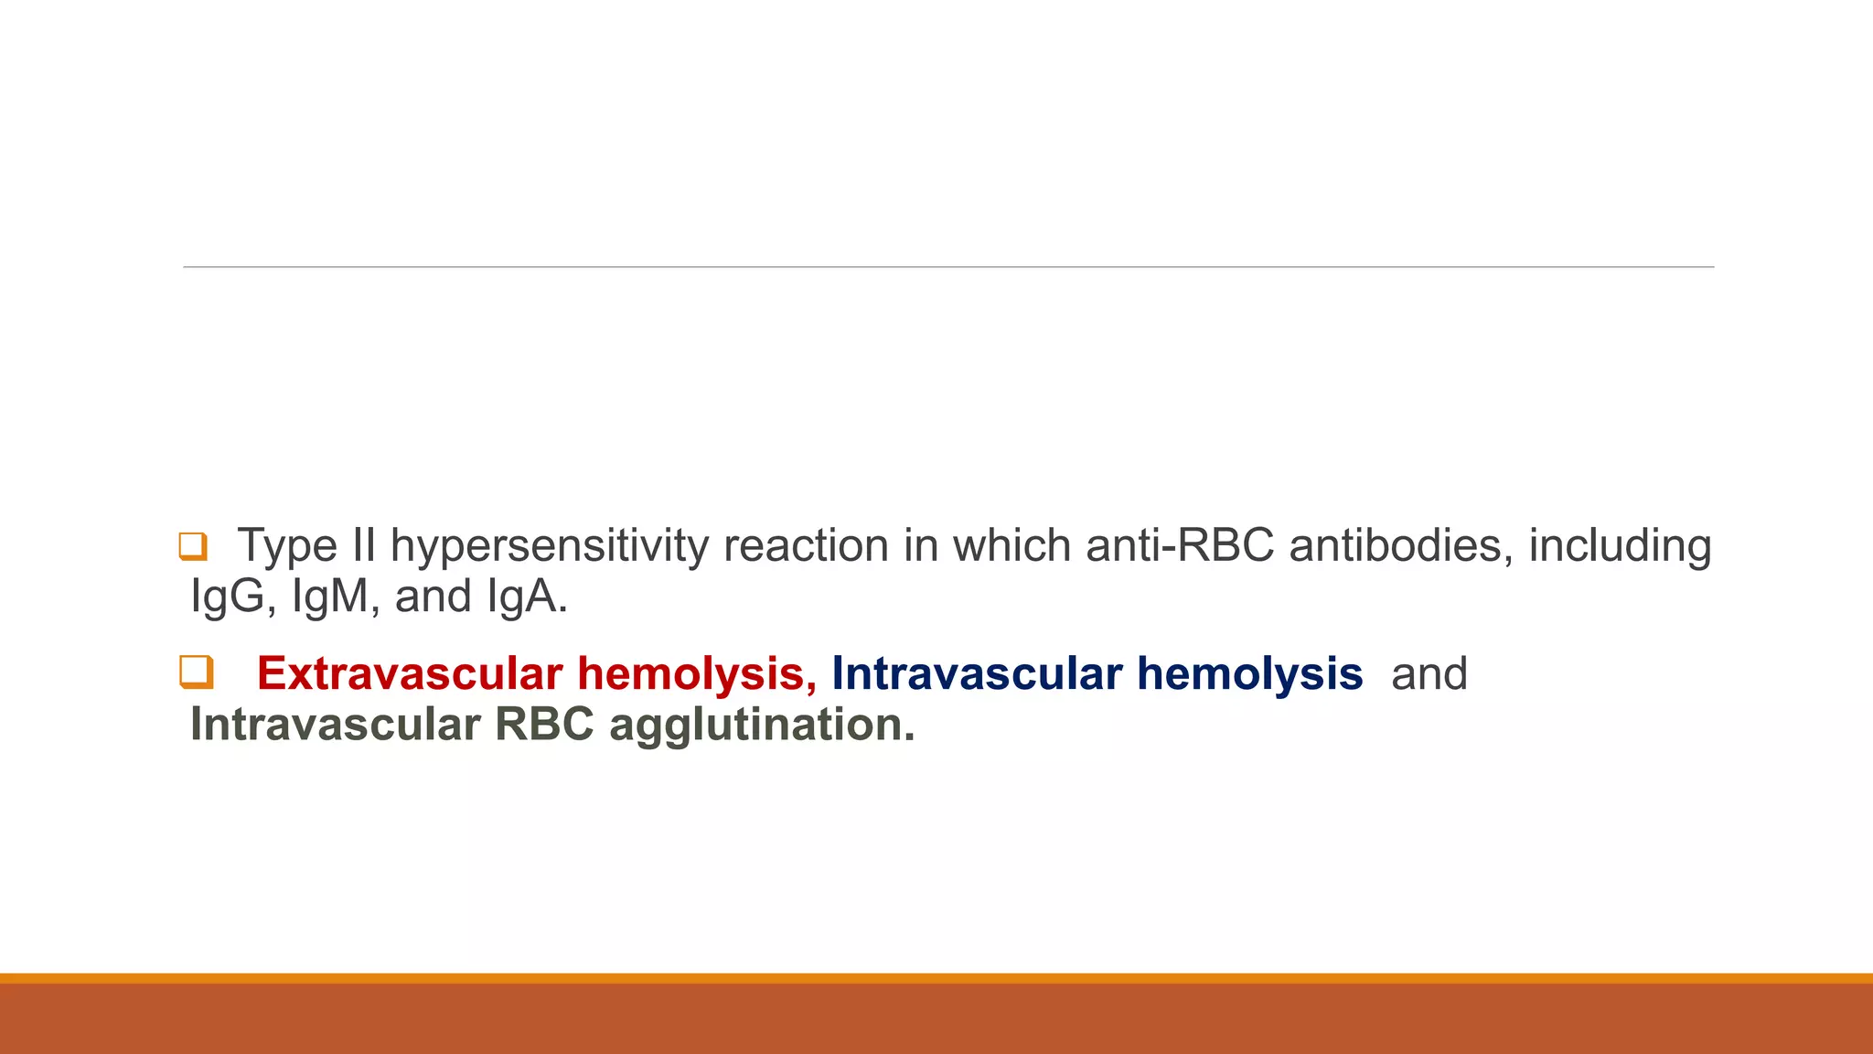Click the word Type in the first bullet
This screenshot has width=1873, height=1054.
point(287,547)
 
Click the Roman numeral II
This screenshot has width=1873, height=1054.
point(364,546)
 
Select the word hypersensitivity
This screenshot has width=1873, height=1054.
point(550,547)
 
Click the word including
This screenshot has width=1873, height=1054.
point(1620,547)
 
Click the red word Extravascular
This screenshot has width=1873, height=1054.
point(409,674)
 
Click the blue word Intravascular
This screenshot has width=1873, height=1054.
point(976,674)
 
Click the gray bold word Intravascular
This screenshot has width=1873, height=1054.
point(335,725)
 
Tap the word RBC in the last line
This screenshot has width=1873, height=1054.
point(545,725)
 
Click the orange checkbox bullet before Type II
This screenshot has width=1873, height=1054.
point(193,546)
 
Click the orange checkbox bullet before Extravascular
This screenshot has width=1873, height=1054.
point(196,672)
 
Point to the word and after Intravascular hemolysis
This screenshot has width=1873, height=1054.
point(1429,674)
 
